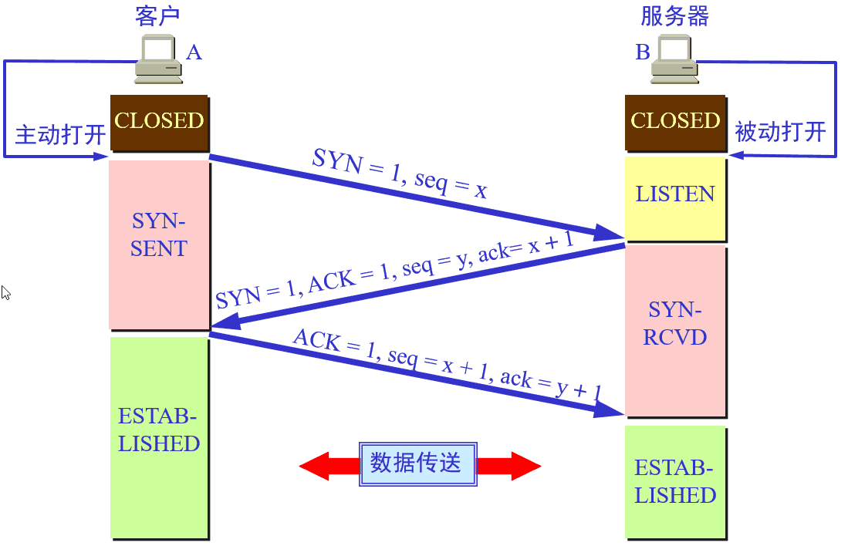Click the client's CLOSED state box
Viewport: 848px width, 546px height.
tap(159, 122)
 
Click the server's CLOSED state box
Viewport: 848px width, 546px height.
tap(675, 122)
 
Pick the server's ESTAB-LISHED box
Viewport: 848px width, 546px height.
tap(675, 482)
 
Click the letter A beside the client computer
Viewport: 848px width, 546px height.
tap(194, 52)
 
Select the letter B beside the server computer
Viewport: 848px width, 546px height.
tap(642, 52)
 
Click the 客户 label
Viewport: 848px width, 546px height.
tap(157, 16)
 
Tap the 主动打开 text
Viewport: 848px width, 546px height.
tap(60, 135)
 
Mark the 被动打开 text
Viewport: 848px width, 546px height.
tap(780, 132)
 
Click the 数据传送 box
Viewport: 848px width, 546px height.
tap(417, 463)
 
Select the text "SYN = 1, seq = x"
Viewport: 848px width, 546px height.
tap(400, 174)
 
